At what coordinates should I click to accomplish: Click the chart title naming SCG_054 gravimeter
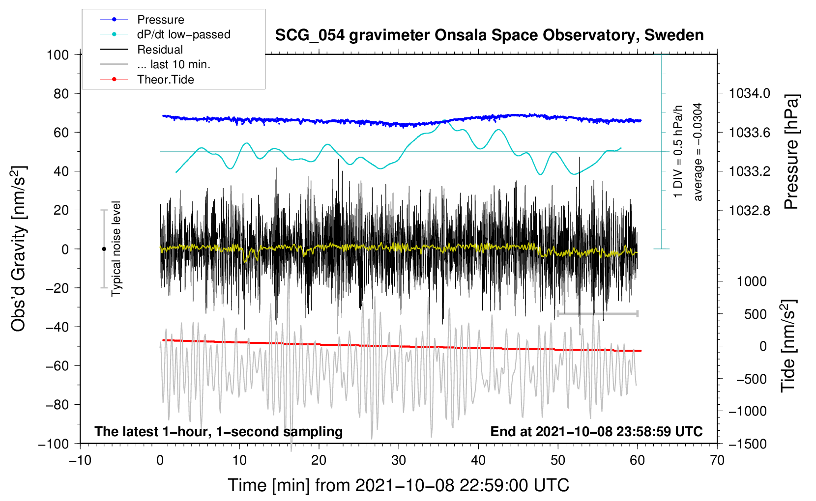[489, 35]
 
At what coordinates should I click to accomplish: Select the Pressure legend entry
[160, 20]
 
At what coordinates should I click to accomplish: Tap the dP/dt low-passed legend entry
[183, 34]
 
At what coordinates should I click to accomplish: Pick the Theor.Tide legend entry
[165, 80]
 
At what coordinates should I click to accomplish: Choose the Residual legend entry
[160, 50]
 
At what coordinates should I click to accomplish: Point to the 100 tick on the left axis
[58, 55]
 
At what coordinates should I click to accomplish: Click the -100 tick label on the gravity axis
[54, 444]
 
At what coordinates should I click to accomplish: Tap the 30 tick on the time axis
[399, 460]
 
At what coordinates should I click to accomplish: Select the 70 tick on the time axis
[717, 460]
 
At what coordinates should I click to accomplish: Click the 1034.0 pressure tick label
[749, 93]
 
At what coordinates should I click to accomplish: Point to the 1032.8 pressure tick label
[749, 210]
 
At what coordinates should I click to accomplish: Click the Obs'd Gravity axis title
[19, 249]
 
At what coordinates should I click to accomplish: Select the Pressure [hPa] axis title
[791, 152]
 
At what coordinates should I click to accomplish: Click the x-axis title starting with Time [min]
[399, 485]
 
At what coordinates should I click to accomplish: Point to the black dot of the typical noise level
[104, 249]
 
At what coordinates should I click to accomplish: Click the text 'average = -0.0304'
[698, 152]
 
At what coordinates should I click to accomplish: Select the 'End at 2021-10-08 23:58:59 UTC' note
[596, 432]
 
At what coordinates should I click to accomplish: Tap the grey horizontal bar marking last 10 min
[597, 313]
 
